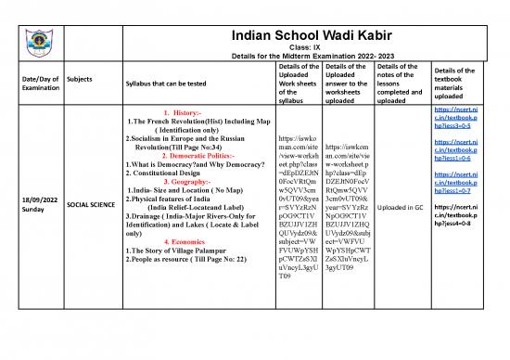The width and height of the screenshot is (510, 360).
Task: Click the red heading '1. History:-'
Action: tap(190, 112)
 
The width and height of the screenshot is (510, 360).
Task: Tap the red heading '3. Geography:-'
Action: tap(189, 183)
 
